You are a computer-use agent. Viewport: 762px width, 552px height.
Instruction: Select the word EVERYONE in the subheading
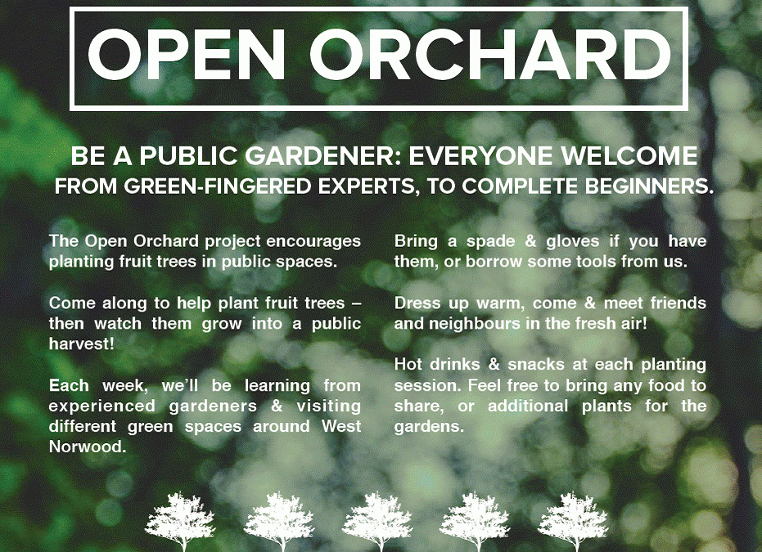489,156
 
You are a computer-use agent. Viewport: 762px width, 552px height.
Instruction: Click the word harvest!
82,344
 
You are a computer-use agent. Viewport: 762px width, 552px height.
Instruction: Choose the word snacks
540,365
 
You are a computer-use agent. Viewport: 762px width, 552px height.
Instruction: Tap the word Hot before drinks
409,365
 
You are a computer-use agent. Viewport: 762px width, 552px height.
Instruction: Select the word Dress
417,303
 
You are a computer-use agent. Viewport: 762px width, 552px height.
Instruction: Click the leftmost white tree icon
180,521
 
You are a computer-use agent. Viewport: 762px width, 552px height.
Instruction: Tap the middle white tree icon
376,521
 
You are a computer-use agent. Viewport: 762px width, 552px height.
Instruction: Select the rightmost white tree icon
573,521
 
